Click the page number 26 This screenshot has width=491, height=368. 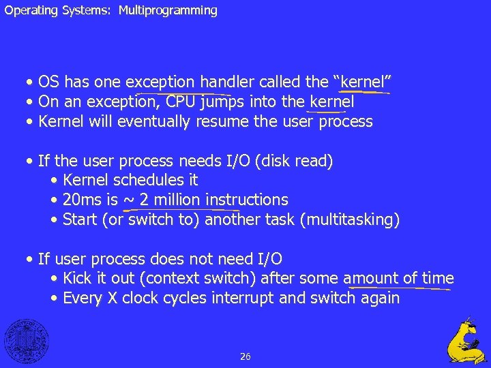tap(245, 356)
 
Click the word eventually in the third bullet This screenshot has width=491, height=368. tap(155, 122)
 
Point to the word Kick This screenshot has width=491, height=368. tap(77, 279)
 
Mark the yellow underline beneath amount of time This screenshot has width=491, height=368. tap(399, 288)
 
